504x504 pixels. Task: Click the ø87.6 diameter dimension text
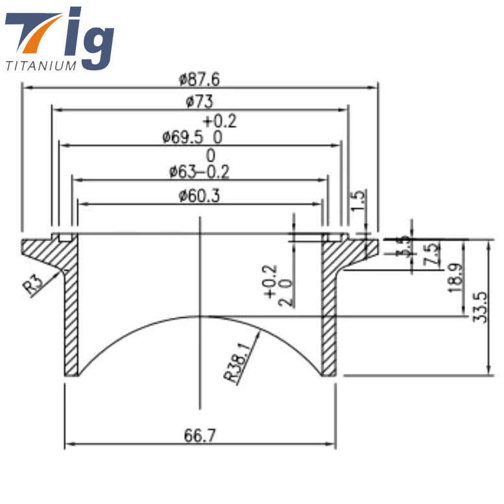pyautogui.click(x=199, y=79)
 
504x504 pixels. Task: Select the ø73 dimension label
pyautogui.click(x=199, y=102)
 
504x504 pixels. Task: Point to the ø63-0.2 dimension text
pyautogui.click(x=199, y=172)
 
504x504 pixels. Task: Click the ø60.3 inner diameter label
pyautogui.click(x=199, y=195)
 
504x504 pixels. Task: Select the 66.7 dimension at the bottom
pyautogui.click(x=200, y=435)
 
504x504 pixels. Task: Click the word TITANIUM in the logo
pyautogui.click(x=41, y=65)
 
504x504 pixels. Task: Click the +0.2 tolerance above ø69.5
pyautogui.click(x=220, y=121)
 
